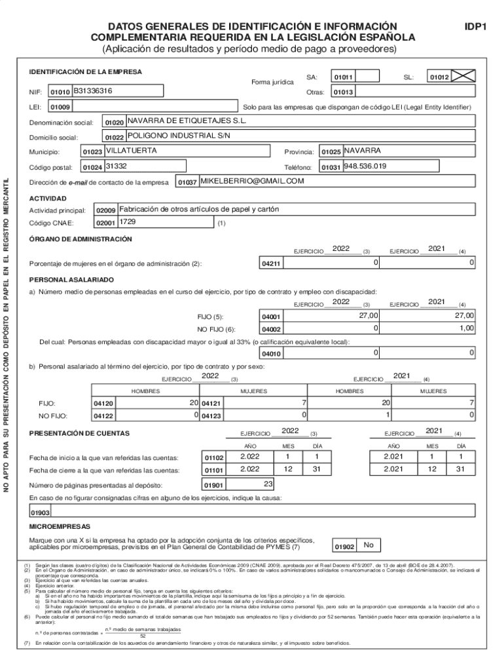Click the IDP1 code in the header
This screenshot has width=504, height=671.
coord(476,27)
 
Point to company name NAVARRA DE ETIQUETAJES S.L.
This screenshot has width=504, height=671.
coord(187,121)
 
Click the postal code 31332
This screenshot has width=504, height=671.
coord(116,166)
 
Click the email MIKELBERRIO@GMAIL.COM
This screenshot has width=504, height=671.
coord(252,182)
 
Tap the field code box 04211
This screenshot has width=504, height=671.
coord(272,263)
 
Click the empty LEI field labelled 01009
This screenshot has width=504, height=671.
coord(143,106)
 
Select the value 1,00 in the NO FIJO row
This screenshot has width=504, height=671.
coord(465,328)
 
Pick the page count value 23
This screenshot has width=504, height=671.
coord(268,484)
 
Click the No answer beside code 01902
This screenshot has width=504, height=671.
coord(369,545)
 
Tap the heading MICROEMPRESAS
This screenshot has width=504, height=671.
coord(60,526)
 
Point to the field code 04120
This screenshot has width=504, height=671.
coord(104,404)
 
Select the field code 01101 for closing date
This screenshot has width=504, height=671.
coord(214,470)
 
